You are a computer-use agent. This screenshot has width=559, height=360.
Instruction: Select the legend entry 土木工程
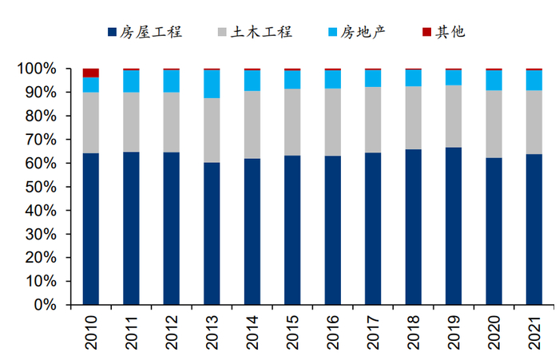coord(255,32)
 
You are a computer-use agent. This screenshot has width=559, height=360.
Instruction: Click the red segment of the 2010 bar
coord(91,73)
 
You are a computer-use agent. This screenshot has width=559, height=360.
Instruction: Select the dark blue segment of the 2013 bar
coord(212,234)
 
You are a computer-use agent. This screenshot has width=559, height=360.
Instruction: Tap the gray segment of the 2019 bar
coord(454,117)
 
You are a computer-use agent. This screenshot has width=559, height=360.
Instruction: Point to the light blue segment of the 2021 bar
coord(534,81)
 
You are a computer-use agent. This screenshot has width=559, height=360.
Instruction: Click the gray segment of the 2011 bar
coord(131,122)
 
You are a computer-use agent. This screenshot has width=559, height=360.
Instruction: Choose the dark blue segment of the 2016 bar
coord(333,230)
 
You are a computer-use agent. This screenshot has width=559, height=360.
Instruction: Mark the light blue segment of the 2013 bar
coord(212,85)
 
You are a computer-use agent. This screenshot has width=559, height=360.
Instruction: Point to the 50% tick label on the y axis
coord(41,188)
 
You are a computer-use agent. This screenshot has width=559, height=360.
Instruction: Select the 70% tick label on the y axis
coord(41,140)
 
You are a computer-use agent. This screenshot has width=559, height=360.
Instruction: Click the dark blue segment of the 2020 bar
coord(494,231)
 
